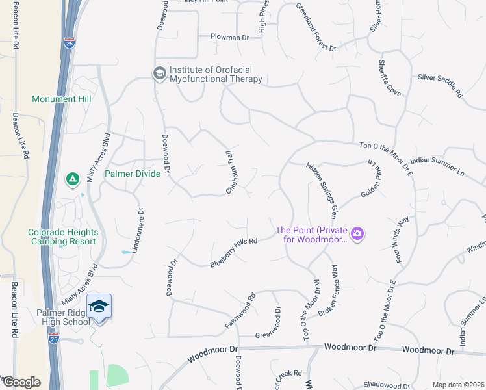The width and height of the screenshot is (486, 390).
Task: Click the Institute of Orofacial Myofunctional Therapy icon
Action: click(x=159, y=73)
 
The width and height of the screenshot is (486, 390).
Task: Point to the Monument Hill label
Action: click(x=62, y=99)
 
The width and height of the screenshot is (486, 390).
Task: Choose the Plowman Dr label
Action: click(x=229, y=38)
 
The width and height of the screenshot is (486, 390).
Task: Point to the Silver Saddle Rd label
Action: click(x=440, y=85)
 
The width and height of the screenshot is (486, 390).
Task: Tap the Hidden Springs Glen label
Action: click(x=322, y=190)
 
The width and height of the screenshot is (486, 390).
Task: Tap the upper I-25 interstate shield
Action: click(x=70, y=43)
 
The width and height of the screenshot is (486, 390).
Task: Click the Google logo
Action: click(x=21, y=382)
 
